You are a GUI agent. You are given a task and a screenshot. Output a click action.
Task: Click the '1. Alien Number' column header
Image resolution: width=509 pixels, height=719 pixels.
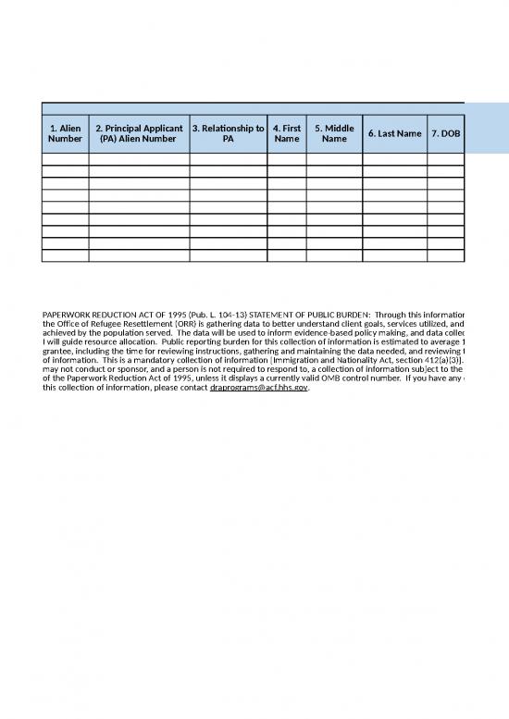pyautogui.click(x=65, y=133)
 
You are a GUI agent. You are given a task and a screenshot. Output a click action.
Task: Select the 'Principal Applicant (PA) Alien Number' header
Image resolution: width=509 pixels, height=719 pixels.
pyautogui.click(x=139, y=133)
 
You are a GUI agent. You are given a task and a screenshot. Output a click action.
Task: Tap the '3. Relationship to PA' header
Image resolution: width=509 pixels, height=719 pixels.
pyautogui.click(x=229, y=133)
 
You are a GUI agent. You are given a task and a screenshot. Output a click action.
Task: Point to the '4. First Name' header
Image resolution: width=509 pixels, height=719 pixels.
pyautogui.click(x=287, y=133)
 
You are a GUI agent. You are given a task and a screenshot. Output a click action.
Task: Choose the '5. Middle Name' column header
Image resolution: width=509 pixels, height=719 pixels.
pyautogui.click(x=334, y=133)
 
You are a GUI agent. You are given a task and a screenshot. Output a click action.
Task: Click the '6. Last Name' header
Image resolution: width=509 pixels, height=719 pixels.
pyautogui.click(x=394, y=133)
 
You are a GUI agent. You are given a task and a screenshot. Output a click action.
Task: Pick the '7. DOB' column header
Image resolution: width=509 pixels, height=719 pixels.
pyautogui.click(x=445, y=133)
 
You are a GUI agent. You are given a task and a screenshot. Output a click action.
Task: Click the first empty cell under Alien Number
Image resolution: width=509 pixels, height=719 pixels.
pyautogui.click(x=65, y=159)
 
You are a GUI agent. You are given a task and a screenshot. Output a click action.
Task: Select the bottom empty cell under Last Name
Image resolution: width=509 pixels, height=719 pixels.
pyautogui.click(x=394, y=255)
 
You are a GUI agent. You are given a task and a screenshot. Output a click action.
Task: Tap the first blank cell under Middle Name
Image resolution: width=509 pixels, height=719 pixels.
pyautogui.click(x=334, y=159)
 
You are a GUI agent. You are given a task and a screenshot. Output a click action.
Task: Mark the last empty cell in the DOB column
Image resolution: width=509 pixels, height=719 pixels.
pyautogui.click(x=445, y=255)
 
